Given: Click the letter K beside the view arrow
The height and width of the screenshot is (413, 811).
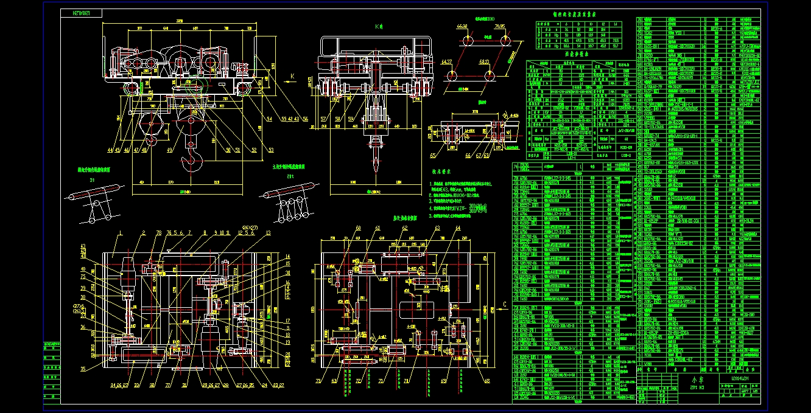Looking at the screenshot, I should point(292,77).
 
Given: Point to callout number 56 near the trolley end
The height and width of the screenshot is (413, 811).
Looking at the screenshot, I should point(305,118).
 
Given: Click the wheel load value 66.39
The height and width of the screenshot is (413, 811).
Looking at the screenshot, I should point(462,27).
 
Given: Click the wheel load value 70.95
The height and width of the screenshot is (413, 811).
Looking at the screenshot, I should point(499,27).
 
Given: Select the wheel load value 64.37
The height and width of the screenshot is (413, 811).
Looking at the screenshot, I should point(446,62).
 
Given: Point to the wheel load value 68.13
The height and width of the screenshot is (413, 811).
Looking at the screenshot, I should point(485,62).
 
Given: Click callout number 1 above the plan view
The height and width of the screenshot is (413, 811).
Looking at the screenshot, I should point(122,232).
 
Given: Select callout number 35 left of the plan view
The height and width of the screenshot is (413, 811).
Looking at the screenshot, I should point(82,369).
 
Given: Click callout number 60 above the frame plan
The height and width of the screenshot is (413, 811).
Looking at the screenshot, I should point(358,228).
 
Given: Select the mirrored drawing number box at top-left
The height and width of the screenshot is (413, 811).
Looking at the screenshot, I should point(82,12).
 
